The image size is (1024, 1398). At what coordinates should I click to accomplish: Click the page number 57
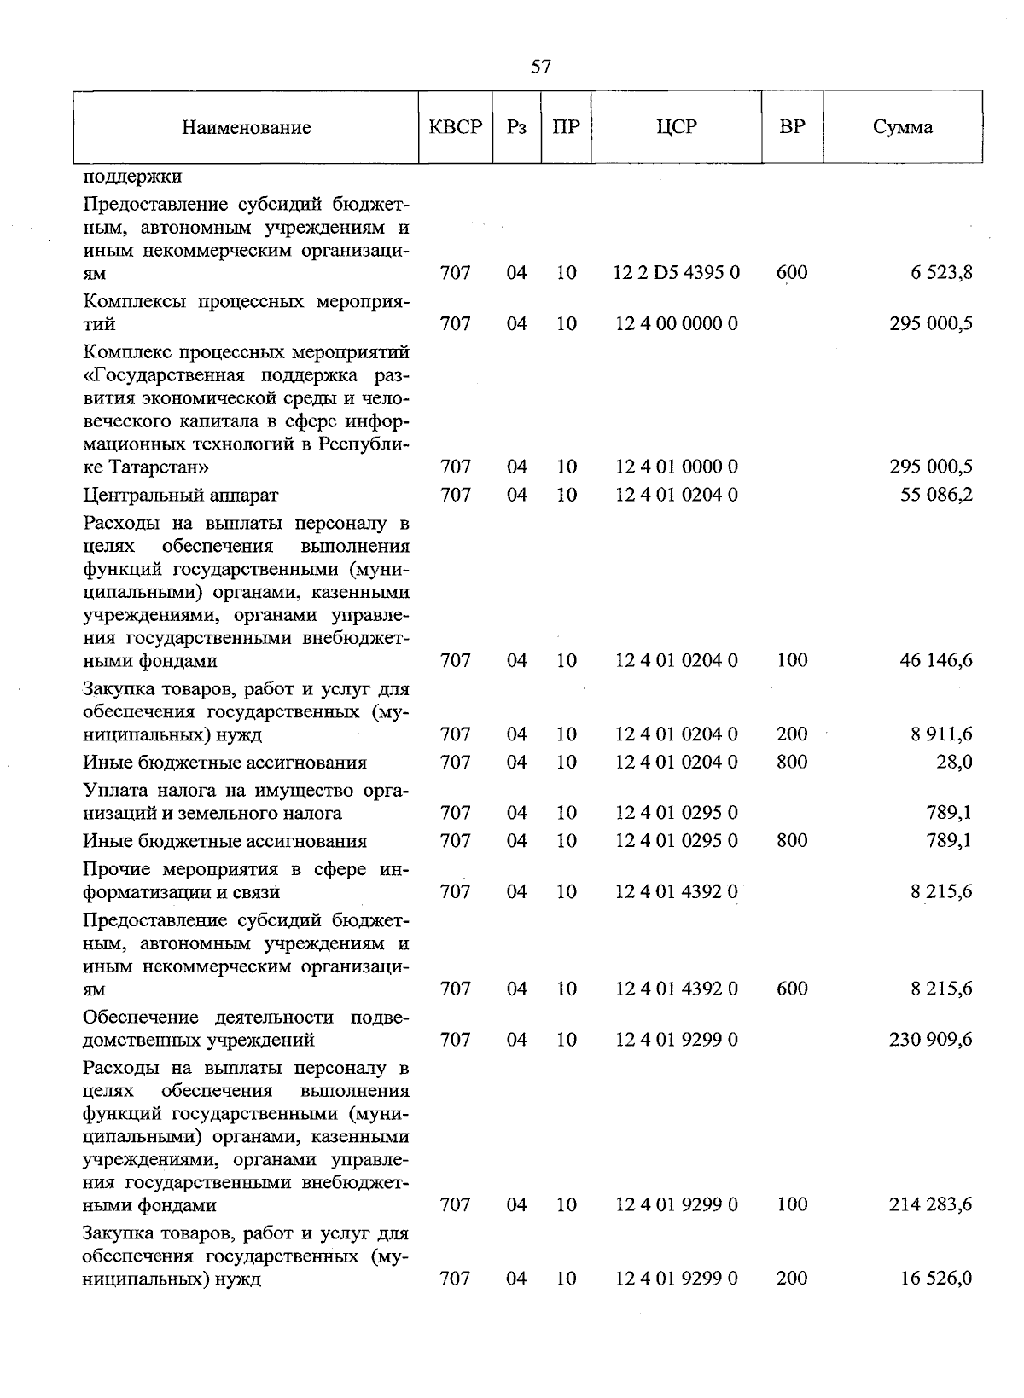point(540,67)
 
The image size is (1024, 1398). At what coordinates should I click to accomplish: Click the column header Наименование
point(246,128)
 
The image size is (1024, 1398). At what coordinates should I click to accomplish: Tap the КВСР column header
point(456,127)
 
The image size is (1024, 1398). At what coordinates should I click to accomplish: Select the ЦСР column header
point(677,127)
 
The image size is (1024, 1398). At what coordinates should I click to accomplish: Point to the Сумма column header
point(902,128)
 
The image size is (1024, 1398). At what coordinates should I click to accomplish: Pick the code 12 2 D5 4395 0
point(677,273)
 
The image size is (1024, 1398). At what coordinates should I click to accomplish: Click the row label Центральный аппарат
point(181,495)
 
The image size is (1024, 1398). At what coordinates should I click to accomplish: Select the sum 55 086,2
point(936,495)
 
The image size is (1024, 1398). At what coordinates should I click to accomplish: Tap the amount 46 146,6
point(936,660)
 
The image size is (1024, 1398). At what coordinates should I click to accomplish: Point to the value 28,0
point(954,762)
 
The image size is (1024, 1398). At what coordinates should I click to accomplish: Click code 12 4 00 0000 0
point(677,324)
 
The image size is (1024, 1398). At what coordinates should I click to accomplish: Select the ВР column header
point(792,127)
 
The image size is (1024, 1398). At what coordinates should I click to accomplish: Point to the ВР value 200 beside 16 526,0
point(792,1278)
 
